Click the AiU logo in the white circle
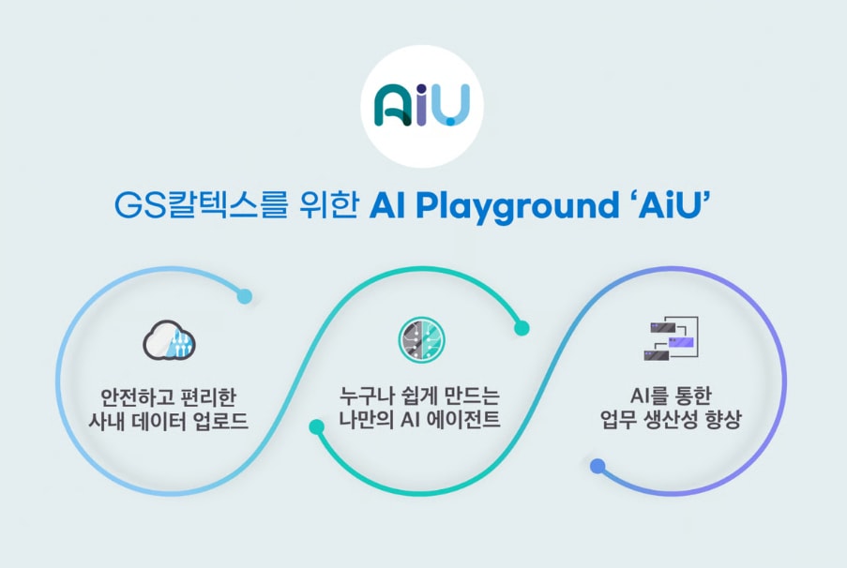(x=422, y=105)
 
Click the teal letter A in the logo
(x=393, y=105)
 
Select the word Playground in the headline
(x=517, y=206)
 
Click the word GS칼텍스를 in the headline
(x=201, y=205)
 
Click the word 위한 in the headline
(x=329, y=204)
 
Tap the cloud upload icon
(x=169, y=340)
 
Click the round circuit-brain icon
(x=422, y=339)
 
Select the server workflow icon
(x=671, y=338)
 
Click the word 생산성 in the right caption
(x=671, y=419)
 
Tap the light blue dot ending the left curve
(x=245, y=296)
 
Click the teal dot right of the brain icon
(x=522, y=328)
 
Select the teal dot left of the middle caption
(x=316, y=427)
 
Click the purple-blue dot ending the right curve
(x=597, y=466)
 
